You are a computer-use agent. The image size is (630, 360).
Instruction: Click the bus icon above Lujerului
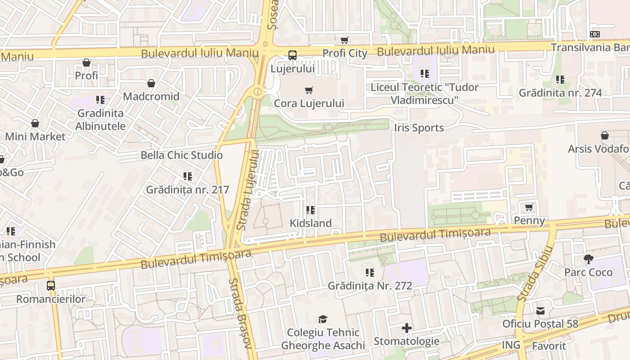click(292, 55)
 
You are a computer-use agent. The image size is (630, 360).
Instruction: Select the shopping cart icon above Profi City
click(345, 40)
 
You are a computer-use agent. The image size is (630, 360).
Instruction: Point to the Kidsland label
click(310, 223)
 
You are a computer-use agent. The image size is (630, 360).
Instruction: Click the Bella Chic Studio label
click(181, 155)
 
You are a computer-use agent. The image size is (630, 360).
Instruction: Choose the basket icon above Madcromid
click(151, 83)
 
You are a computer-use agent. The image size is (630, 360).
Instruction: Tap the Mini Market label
click(35, 136)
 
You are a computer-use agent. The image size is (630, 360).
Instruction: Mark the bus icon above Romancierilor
click(51, 285)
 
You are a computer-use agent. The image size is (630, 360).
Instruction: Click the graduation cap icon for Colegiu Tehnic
click(323, 319)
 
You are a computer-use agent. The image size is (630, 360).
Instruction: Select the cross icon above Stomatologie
click(406, 328)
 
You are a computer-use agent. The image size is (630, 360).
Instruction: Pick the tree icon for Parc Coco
click(588, 259)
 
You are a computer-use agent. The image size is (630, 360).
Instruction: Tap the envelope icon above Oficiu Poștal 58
click(540, 310)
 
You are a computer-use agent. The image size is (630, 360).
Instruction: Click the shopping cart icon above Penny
click(529, 207)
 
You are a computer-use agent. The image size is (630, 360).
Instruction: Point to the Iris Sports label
click(418, 128)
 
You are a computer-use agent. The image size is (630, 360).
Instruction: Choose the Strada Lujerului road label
click(248, 190)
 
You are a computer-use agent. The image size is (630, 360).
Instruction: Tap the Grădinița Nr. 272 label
click(369, 286)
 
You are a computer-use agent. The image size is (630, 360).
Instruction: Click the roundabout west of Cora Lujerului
click(257, 93)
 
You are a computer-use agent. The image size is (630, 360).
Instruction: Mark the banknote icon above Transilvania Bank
click(595, 34)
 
